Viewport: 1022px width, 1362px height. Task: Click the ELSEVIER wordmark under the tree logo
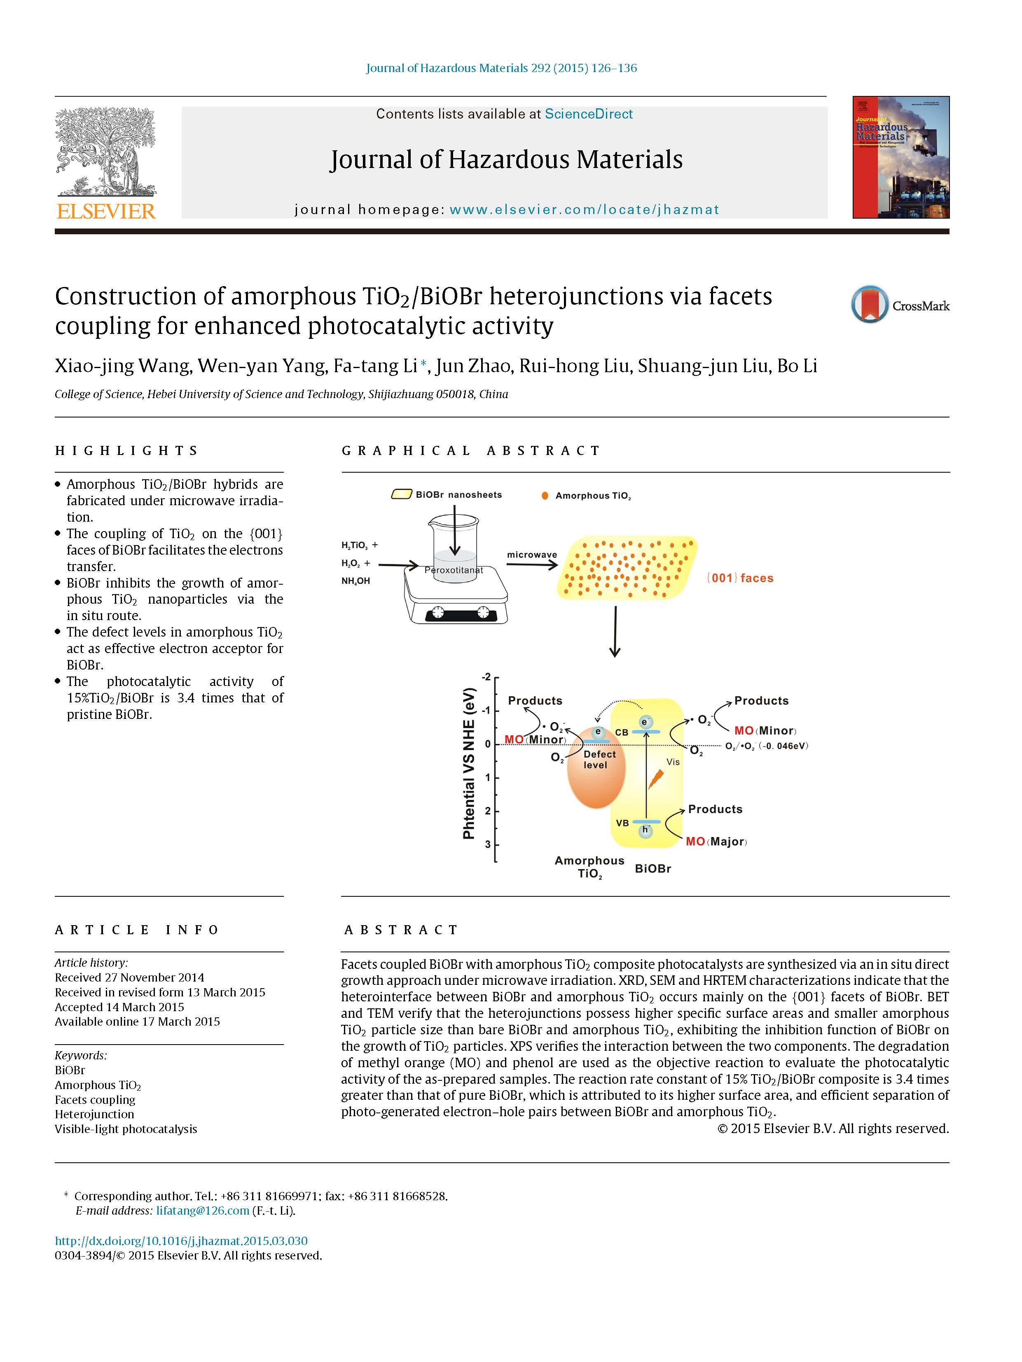click(105, 211)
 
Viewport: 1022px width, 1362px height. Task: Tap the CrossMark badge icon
click(869, 304)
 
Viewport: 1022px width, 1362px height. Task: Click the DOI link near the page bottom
click(181, 1241)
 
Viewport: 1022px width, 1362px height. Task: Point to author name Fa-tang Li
click(375, 366)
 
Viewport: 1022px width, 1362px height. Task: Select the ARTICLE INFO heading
click(137, 930)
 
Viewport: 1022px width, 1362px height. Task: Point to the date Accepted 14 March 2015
click(119, 1007)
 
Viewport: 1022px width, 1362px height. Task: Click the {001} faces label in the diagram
click(739, 578)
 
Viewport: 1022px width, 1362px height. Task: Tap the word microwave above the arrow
click(532, 555)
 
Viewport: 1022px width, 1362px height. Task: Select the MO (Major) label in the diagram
click(716, 842)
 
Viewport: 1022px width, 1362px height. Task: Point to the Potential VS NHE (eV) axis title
click(470, 763)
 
